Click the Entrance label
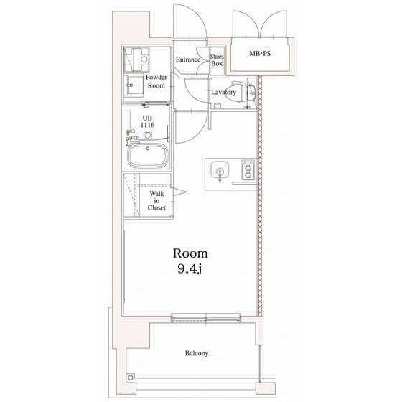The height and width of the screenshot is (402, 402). (x=188, y=60)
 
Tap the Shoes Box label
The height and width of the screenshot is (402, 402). (x=217, y=60)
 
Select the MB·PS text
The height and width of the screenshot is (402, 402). (x=260, y=54)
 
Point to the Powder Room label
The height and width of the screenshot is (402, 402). (x=156, y=81)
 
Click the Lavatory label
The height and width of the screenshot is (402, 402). (x=223, y=93)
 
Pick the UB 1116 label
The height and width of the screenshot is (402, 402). (x=147, y=121)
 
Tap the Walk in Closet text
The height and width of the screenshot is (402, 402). (x=156, y=201)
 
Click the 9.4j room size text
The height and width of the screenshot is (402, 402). (x=190, y=268)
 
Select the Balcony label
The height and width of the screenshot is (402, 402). (x=197, y=353)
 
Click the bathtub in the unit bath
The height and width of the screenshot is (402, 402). (x=148, y=155)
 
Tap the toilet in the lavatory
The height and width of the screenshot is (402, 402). (x=244, y=92)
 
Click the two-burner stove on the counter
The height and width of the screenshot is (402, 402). (x=248, y=169)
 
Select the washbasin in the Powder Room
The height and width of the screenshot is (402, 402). (x=134, y=85)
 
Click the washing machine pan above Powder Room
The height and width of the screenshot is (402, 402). (x=136, y=60)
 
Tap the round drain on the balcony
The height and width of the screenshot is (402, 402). (x=131, y=378)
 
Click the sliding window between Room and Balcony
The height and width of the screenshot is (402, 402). (x=206, y=318)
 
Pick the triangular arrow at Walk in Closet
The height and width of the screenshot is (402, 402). (x=179, y=192)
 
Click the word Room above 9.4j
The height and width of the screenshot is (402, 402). (x=190, y=253)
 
